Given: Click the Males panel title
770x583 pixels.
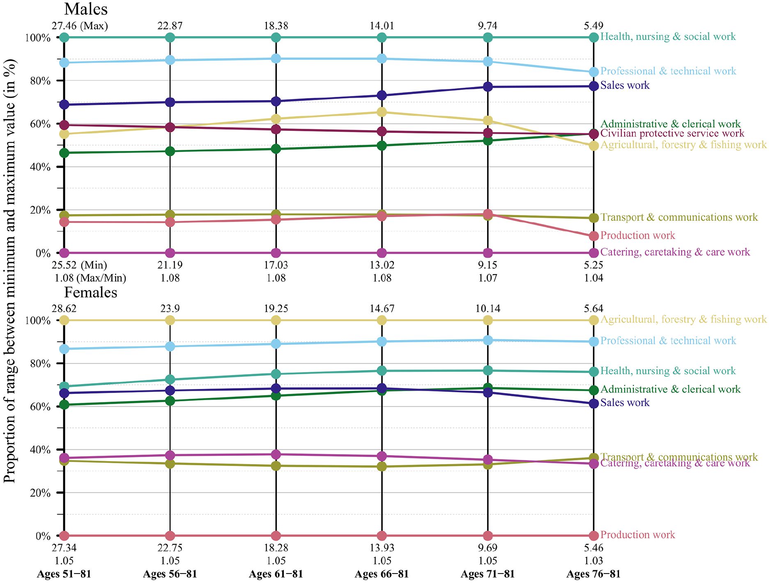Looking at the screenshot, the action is [86, 9].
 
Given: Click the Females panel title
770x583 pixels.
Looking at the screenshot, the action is [91, 292].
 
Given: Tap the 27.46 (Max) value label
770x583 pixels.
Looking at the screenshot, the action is [80, 26].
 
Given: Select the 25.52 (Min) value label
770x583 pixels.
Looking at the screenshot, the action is [79, 265].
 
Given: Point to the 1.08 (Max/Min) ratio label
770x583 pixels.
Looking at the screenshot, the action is [90, 278].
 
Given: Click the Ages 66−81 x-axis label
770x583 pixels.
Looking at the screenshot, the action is [382, 574].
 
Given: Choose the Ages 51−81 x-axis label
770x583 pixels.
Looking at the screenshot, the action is [64, 574].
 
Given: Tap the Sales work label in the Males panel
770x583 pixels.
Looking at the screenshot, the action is [625, 85].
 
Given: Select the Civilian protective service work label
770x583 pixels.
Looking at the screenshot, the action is [672, 133].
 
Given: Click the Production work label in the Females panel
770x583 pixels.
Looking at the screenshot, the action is [638, 535].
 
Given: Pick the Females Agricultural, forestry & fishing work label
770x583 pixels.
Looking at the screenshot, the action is [683, 319].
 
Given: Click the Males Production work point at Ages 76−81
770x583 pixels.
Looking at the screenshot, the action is [594, 236].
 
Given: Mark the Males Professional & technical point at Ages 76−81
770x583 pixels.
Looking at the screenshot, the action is [594, 72].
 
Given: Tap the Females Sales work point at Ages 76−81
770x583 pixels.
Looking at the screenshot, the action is [594, 404].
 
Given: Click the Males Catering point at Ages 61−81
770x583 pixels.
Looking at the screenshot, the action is [276, 253].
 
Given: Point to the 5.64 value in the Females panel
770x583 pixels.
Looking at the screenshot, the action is [594, 309].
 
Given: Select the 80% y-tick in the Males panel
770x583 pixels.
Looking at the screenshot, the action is [41, 81].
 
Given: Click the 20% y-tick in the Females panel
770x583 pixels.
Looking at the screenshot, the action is [41, 493].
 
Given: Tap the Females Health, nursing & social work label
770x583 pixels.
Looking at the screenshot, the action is [668, 371].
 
